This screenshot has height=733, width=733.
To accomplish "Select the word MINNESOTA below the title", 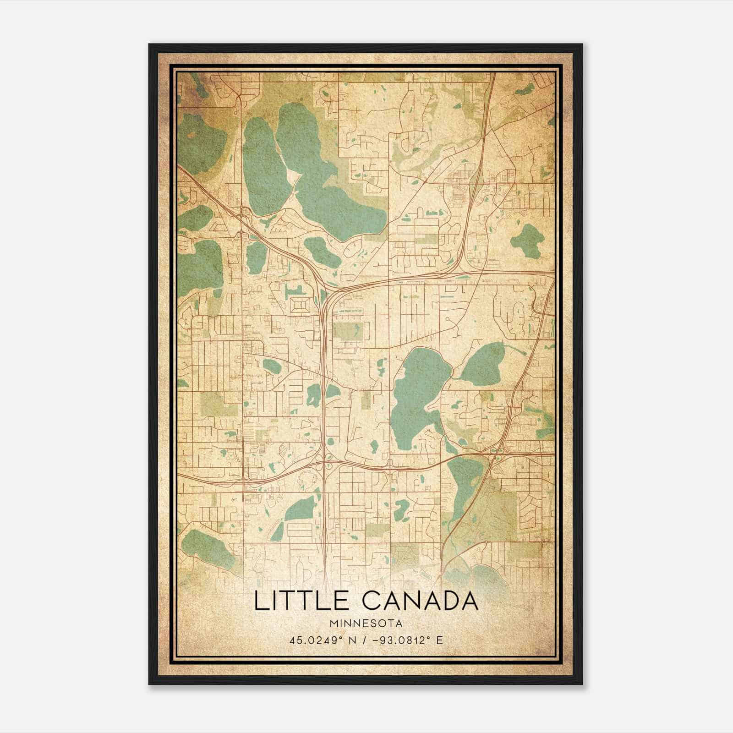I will click(x=366, y=624).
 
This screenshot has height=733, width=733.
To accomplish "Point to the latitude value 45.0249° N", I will click(x=319, y=640).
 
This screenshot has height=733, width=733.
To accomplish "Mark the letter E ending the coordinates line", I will click(x=440, y=640).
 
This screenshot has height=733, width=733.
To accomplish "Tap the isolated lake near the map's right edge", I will click(x=527, y=238).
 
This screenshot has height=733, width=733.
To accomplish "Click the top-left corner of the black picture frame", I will click(x=149, y=44).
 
